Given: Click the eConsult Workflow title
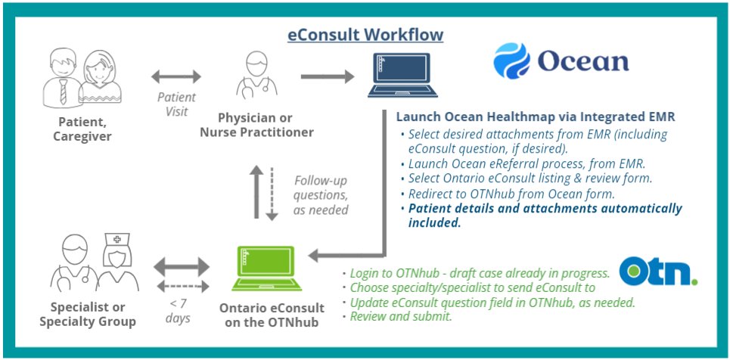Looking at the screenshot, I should [x=365, y=35].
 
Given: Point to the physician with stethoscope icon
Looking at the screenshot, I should [x=256, y=76].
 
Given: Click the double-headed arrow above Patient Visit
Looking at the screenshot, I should [x=176, y=76].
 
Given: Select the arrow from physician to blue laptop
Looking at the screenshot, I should [x=328, y=76].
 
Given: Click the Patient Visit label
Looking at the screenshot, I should [x=176, y=104].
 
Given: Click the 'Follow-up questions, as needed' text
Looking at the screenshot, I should [x=320, y=194].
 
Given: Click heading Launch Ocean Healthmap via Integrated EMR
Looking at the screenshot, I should [x=535, y=117].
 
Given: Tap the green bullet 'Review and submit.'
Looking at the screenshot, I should [x=401, y=317].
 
